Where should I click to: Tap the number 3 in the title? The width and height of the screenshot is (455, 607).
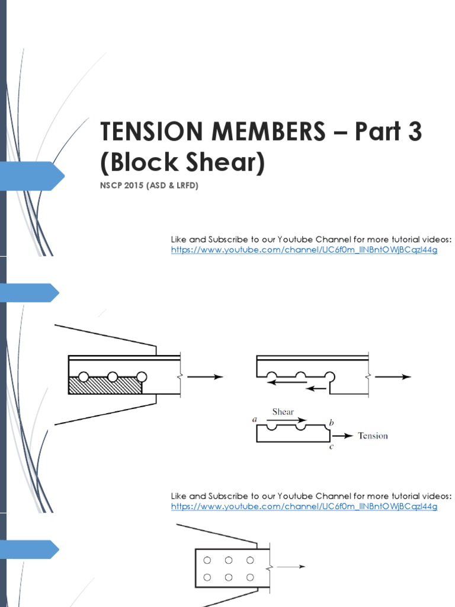(x=414, y=132)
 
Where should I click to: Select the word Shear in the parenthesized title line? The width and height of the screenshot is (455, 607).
(x=225, y=163)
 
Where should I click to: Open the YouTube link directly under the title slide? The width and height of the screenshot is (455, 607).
(x=304, y=250)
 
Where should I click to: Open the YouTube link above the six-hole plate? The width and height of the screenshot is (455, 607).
(x=304, y=507)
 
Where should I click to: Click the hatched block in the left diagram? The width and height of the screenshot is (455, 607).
(x=105, y=385)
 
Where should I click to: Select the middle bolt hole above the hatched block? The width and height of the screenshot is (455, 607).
(x=112, y=376)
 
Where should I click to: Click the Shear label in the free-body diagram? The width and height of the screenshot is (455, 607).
(x=283, y=411)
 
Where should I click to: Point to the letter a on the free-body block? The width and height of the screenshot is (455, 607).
(x=254, y=419)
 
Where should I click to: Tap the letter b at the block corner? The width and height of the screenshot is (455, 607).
(x=331, y=422)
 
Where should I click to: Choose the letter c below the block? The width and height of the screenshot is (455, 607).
(x=331, y=447)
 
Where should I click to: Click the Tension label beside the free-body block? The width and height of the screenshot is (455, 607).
(x=373, y=436)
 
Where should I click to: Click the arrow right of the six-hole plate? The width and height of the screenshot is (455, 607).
(x=291, y=567)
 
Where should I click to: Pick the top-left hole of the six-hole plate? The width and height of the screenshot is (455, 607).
(x=207, y=560)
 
